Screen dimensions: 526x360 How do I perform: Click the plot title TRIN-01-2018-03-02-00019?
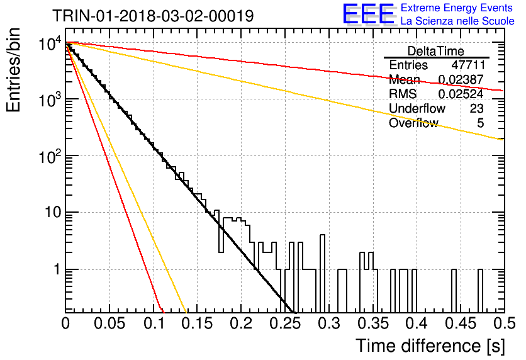[x=153, y=16]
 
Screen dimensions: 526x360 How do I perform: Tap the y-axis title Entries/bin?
[x=13, y=70]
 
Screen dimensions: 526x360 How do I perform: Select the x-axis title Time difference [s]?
[x=430, y=346]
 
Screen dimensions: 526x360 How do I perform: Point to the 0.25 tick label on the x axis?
[x=285, y=323]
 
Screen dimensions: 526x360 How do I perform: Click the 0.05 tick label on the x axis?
[x=109, y=323]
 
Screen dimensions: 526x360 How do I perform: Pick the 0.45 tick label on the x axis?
[x=461, y=323]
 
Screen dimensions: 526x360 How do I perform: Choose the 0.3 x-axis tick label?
[x=329, y=323]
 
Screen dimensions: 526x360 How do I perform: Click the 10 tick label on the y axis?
[x=53, y=212]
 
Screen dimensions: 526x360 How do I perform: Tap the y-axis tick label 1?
[x=57, y=269]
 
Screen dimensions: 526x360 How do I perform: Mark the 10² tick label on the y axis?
[x=50, y=155]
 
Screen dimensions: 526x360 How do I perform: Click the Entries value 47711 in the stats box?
[x=468, y=65]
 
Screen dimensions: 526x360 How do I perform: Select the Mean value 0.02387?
[x=461, y=79]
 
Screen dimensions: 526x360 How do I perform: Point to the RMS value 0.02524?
[x=461, y=94]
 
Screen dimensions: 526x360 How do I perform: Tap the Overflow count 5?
[x=480, y=123]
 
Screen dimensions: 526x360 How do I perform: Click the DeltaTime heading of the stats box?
[x=436, y=51]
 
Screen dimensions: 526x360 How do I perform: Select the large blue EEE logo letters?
[x=369, y=14]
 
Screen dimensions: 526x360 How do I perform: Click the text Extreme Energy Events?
[x=457, y=8]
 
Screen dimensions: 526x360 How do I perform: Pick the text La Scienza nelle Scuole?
[x=457, y=21]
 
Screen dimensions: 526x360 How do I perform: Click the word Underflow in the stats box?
[x=417, y=108]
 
